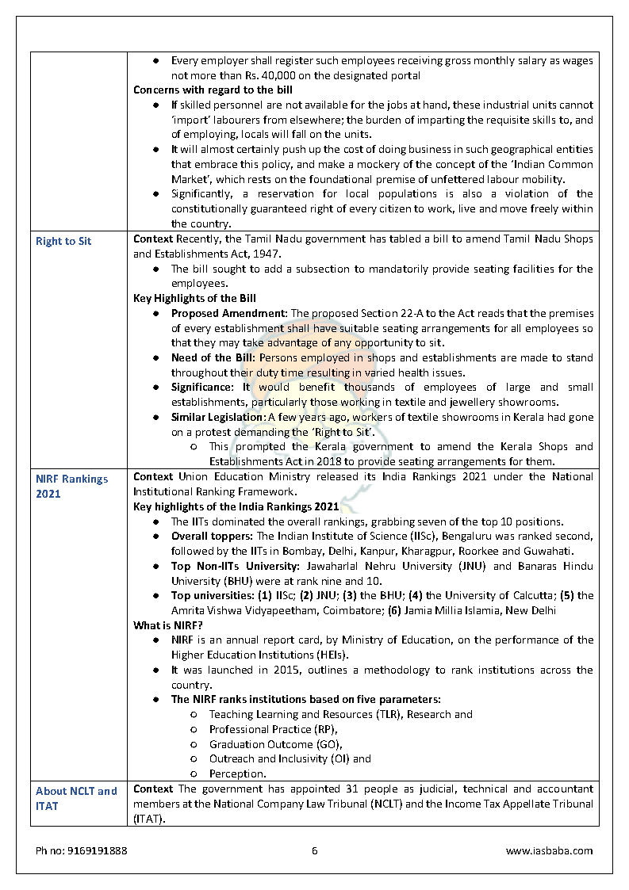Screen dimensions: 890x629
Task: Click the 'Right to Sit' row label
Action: click(x=63, y=241)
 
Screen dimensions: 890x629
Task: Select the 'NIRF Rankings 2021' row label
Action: click(x=71, y=486)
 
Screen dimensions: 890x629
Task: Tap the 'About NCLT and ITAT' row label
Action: click(x=76, y=798)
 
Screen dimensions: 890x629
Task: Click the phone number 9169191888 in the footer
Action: click(x=82, y=850)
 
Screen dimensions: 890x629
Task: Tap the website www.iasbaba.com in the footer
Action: click(x=549, y=850)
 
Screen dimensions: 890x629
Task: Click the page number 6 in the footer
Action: click(x=314, y=850)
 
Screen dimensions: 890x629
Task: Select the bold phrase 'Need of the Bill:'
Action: click(x=213, y=357)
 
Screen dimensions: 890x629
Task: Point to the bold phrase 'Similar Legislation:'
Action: click(x=218, y=417)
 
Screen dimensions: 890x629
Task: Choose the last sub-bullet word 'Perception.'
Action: click(x=237, y=773)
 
